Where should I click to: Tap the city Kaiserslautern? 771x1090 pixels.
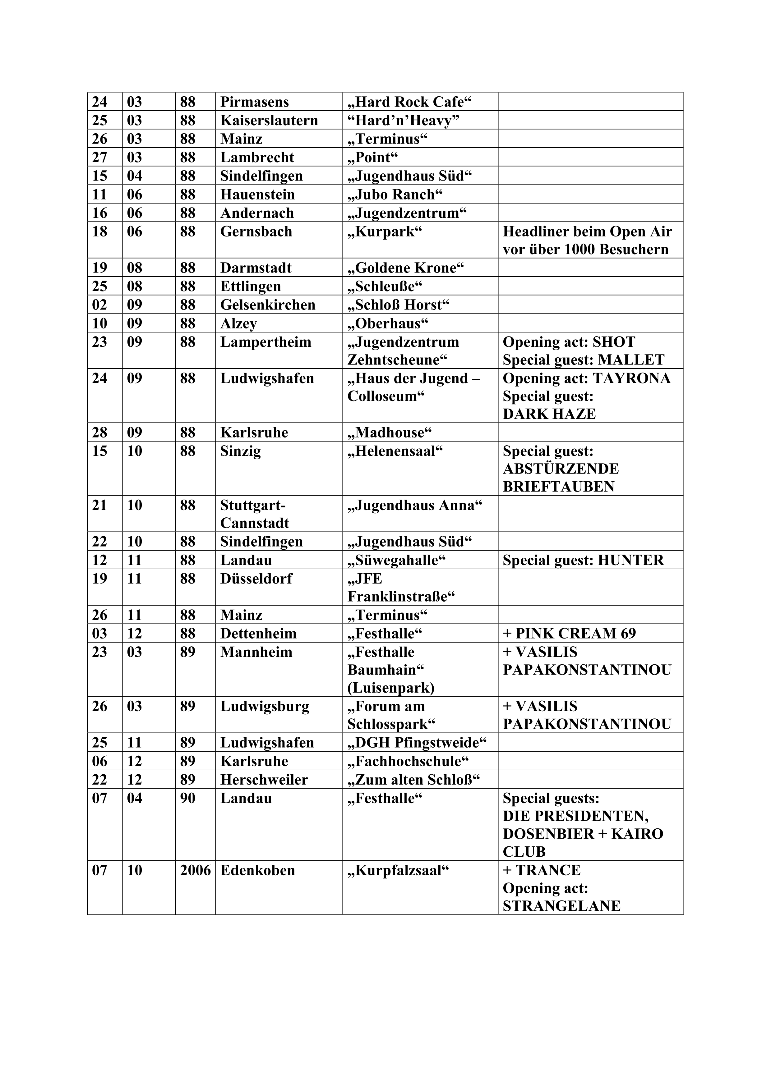[269, 121]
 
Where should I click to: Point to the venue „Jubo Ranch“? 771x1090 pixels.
[395, 195]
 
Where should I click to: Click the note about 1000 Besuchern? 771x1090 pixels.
[585, 250]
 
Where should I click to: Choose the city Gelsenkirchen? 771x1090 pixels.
[267, 305]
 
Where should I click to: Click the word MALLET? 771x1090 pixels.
[631, 360]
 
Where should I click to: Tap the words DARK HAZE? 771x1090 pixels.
[549, 414]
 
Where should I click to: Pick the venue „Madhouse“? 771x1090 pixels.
[390, 433]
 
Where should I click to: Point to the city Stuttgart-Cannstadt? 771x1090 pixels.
[255, 514]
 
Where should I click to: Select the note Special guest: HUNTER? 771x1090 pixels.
[583, 560]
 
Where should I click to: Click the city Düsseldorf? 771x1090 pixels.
[256, 579]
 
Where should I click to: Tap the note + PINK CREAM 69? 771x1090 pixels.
[569, 634]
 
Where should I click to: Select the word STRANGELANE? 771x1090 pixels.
[561, 906]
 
